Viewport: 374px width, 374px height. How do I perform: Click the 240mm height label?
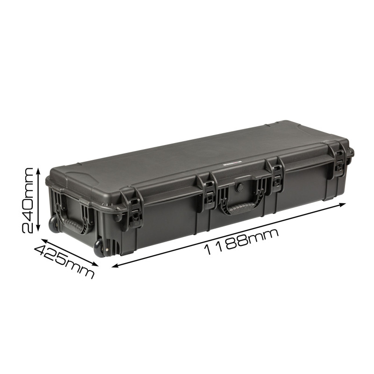[x=27, y=201]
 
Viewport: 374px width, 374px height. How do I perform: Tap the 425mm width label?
[x=65, y=262]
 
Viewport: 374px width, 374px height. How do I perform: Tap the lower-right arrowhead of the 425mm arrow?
[x=95, y=264]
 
